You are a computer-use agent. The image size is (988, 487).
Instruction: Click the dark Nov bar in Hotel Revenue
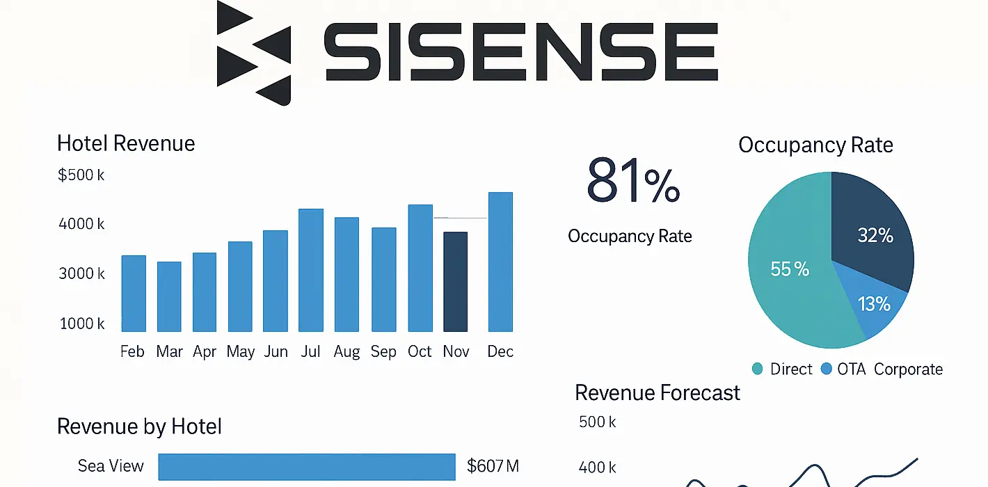tap(455, 282)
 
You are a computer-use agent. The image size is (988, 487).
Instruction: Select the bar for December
tap(500, 262)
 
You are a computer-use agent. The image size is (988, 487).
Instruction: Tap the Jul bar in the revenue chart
tap(310, 270)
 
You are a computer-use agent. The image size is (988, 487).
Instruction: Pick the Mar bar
tap(169, 296)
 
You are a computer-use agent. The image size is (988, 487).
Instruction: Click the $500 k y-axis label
tap(81, 175)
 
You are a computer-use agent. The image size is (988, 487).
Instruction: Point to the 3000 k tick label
tap(81, 273)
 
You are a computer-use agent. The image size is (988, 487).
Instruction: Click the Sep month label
tap(383, 352)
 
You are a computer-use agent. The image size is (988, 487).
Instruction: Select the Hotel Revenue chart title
tap(126, 144)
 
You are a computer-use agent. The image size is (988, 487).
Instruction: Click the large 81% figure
tap(632, 181)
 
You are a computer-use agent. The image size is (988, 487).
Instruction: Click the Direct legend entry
tap(782, 369)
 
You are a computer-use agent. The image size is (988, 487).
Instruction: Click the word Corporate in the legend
tap(908, 369)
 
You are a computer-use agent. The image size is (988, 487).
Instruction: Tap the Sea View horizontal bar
tap(306, 466)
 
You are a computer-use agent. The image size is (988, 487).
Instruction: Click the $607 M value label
tap(493, 466)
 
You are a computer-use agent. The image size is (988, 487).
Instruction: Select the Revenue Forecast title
tap(657, 393)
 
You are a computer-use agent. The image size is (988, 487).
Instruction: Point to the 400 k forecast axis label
tap(597, 468)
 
